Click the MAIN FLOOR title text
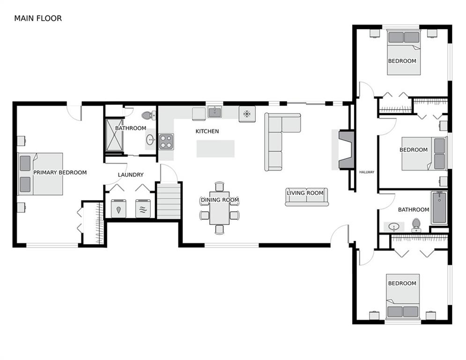click(38, 18)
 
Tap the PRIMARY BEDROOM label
click(60, 172)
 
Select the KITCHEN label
click(207, 131)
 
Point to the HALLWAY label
click(367, 172)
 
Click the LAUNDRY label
click(131, 175)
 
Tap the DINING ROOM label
click(220, 200)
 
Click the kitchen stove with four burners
click(166, 142)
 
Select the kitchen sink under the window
click(215, 112)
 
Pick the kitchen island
click(215, 149)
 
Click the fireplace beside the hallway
click(347, 150)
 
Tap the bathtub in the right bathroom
click(439, 207)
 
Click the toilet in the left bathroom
click(148, 115)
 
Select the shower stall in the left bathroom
click(114, 135)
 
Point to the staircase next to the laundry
click(169, 201)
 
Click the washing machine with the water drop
click(118, 209)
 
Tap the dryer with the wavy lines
click(143, 209)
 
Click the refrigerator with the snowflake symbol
click(247, 114)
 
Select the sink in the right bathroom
click(394, 227)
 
